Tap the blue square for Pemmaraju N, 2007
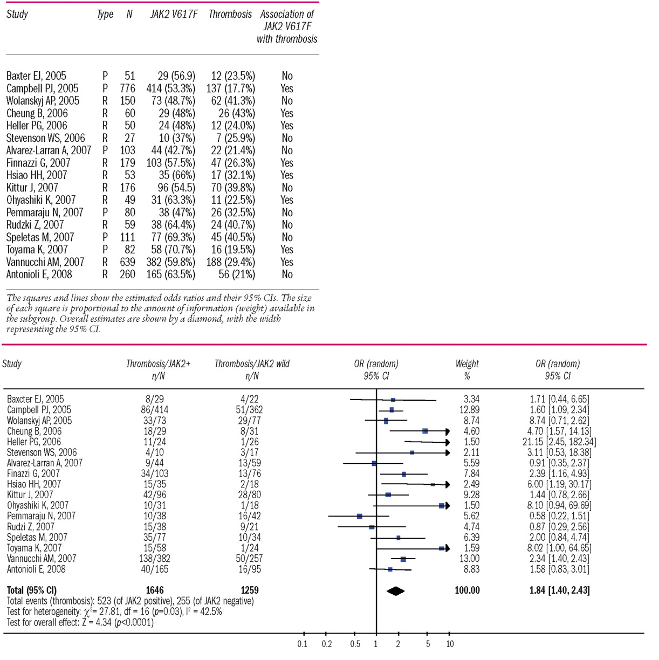[360, 516]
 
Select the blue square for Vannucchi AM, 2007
[403, 559]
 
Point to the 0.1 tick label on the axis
[303, 644]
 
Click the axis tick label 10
[450, 644]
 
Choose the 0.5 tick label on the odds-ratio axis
[355, 644]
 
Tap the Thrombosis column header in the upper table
[230, 15]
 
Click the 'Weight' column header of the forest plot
[467, 364]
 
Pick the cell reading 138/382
[158, 559]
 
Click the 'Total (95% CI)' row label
[32, 590]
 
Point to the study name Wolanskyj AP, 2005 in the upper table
[43, 101]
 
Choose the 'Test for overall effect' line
[80, 622]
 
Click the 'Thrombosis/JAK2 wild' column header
[252, 364]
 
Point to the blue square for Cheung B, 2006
[425, 431]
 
